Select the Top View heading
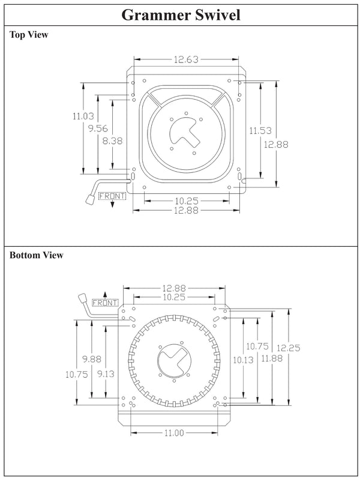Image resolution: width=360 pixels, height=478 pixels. click(29, 35)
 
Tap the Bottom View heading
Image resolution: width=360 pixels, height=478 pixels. click(36, 255)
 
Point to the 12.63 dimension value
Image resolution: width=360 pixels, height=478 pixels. click(186, 59)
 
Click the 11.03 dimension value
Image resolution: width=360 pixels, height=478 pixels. click(82, 116)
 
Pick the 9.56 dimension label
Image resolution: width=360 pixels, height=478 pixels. click(98, 128)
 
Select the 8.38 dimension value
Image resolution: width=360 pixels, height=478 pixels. click(113, 141)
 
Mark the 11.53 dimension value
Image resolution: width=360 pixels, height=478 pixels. click(260, 130)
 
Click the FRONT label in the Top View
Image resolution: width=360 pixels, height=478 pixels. click(112, 196)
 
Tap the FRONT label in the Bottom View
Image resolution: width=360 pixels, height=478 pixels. click(106, 302)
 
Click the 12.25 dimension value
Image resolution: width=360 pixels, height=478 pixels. click(289, 347)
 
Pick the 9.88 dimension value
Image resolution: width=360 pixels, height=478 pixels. click(92, 358)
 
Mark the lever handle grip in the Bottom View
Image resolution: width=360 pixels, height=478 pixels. click(82, 298)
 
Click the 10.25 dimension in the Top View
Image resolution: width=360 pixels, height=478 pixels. click(187, 200)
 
